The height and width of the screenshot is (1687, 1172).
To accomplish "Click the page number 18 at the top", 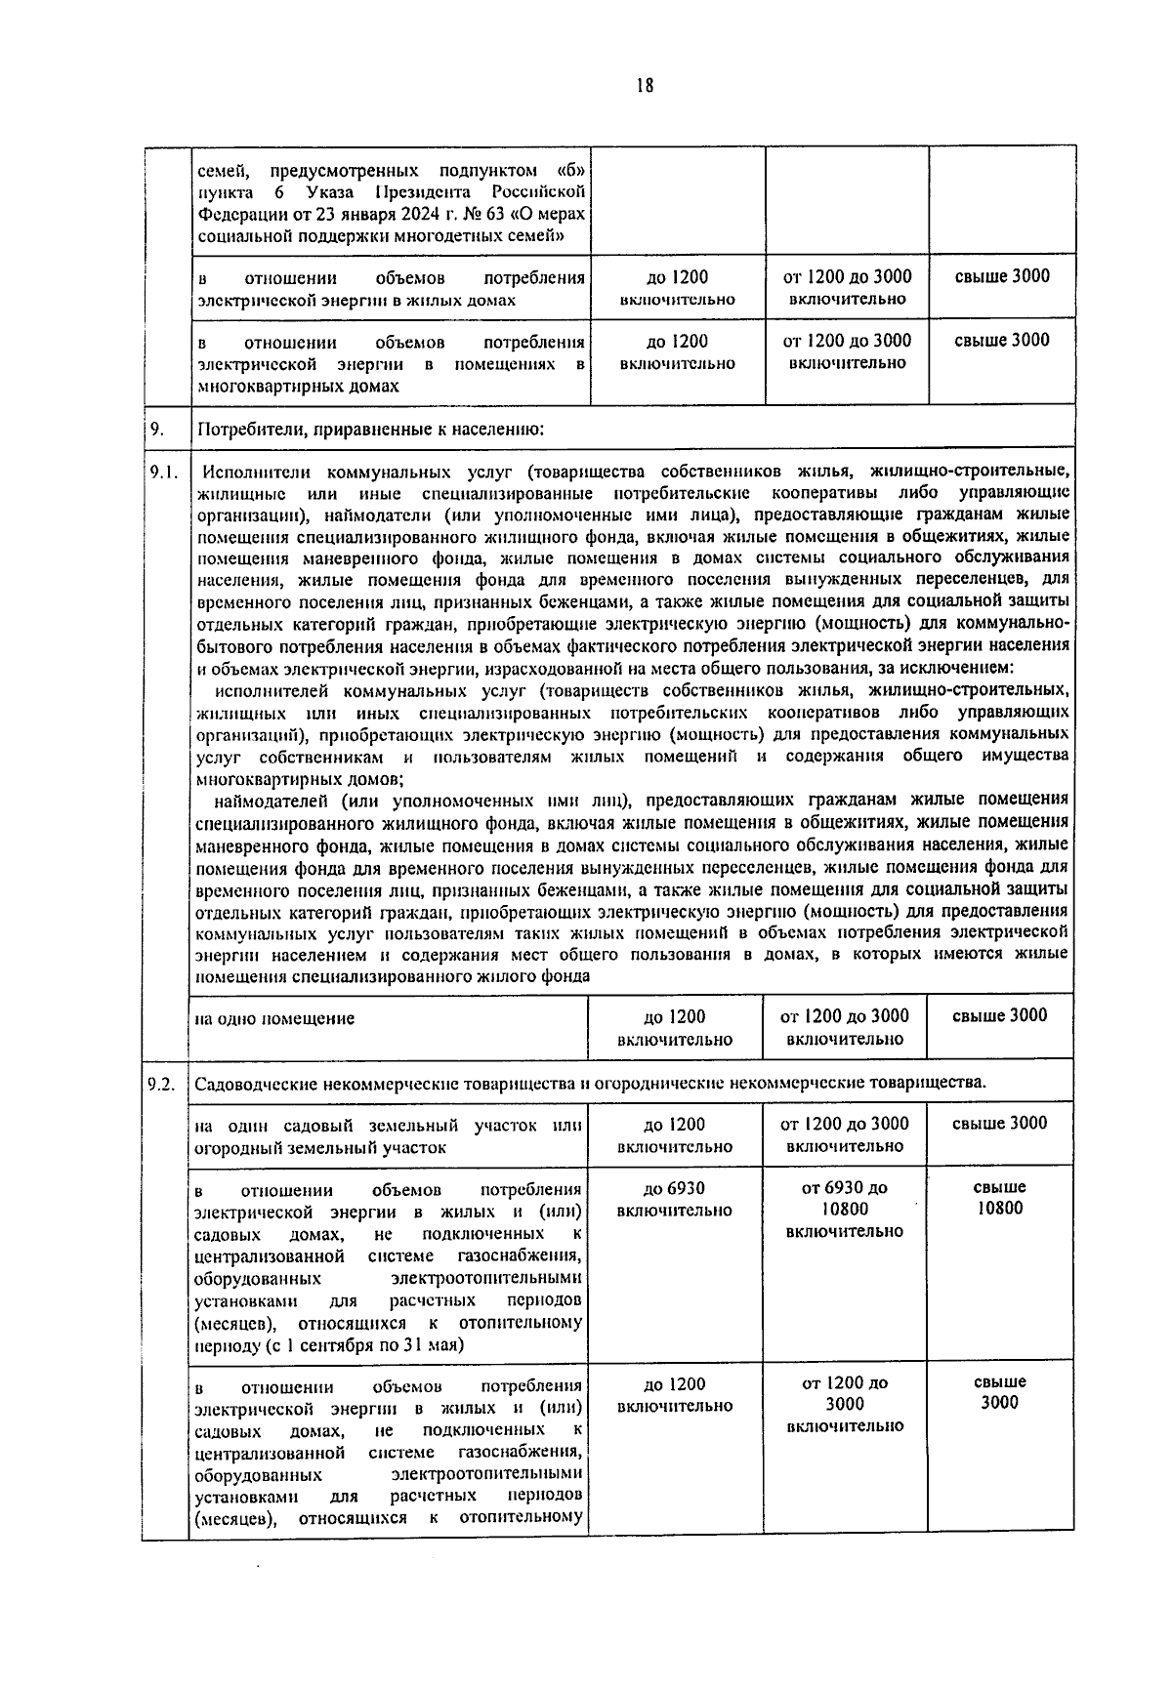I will tap(644, 86).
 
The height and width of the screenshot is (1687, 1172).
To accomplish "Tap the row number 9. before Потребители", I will tap(156, 427).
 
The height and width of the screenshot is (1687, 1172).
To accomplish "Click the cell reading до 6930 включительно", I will tap(674, 1199).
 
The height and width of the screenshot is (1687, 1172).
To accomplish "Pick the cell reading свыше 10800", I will tap(1000, 1198).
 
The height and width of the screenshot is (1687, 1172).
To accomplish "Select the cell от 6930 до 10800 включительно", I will tap(844, 1210).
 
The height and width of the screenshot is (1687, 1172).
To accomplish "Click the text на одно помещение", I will tap(274, 1018).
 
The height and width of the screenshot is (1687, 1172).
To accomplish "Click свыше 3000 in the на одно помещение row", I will tap(999, 1015).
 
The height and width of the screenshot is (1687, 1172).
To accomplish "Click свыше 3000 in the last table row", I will tap(1000, 1392).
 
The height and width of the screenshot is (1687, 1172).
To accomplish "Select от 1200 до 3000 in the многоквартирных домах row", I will tap(847, 341).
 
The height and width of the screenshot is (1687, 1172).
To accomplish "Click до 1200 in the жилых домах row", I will tap(677, 276).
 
